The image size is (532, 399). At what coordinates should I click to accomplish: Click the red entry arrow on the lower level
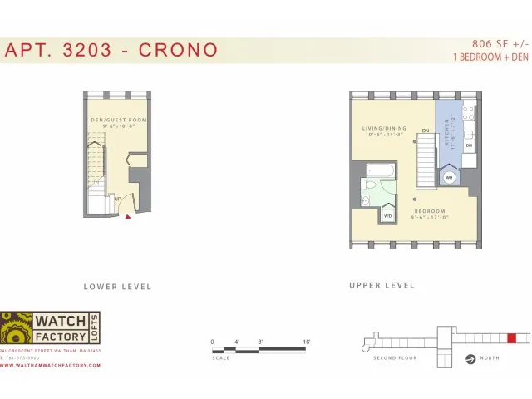pos(127,218)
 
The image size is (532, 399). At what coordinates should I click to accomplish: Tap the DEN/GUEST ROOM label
pos(118,121)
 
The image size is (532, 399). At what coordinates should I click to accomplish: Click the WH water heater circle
pos(448,177)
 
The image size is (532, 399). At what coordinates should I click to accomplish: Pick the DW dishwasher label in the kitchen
pos(470,145)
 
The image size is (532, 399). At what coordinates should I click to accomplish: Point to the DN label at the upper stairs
pos(425,131)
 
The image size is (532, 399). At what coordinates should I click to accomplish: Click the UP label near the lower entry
pos(118,199)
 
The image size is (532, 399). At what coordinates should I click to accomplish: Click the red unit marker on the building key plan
pos(512,338)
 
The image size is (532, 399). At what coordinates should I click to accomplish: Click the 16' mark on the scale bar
pos(307,342)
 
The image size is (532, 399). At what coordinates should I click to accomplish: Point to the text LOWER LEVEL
pos(117,287)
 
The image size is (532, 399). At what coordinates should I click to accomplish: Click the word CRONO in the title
pos(177,50)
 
